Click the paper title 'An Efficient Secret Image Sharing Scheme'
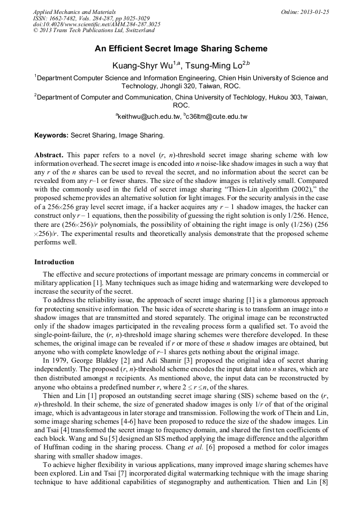coord(181,49)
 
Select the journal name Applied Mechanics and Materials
coord(74,12)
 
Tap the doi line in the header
coord(96,24)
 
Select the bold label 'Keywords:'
coord(51,135)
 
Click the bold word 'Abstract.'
coord(49,155)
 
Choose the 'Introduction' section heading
coord(54,262)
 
